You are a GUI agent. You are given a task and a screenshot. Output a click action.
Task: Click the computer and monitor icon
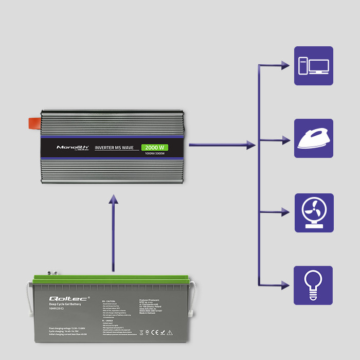click(314, 66)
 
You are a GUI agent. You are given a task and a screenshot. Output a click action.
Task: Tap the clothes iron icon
click(314, 138)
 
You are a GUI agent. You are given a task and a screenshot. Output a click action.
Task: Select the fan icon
click(314, 212)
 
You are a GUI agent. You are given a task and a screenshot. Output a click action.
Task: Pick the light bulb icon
click(314, 285)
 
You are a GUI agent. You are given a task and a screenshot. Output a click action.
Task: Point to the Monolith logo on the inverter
click(73, 148)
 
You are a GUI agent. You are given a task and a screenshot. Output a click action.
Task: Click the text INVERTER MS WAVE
click(114, 148)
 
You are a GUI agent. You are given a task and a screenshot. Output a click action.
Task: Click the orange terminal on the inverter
click(33, 123)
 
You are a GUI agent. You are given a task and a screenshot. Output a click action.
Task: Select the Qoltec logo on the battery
click(62, 299)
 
